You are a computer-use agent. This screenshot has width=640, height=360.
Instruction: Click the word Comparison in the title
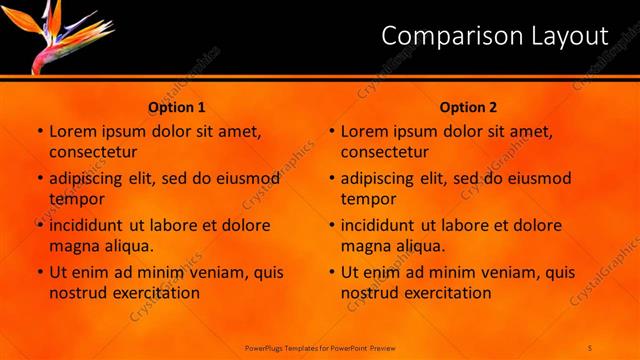coord(444,37)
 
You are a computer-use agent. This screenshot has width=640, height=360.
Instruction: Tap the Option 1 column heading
coord(177,107)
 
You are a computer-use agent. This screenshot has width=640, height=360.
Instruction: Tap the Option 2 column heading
coord(468,107)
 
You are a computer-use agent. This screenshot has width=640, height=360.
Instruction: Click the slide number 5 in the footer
coord(590,347)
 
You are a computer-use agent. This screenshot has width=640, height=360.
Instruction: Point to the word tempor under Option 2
coord(369,198)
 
